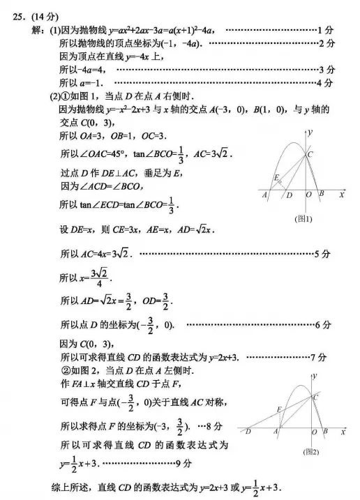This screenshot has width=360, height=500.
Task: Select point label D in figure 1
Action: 289,197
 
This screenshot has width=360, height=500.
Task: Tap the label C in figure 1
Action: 310,154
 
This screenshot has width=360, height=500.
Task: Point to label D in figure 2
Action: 248,432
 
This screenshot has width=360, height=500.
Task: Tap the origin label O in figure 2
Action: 314,432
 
